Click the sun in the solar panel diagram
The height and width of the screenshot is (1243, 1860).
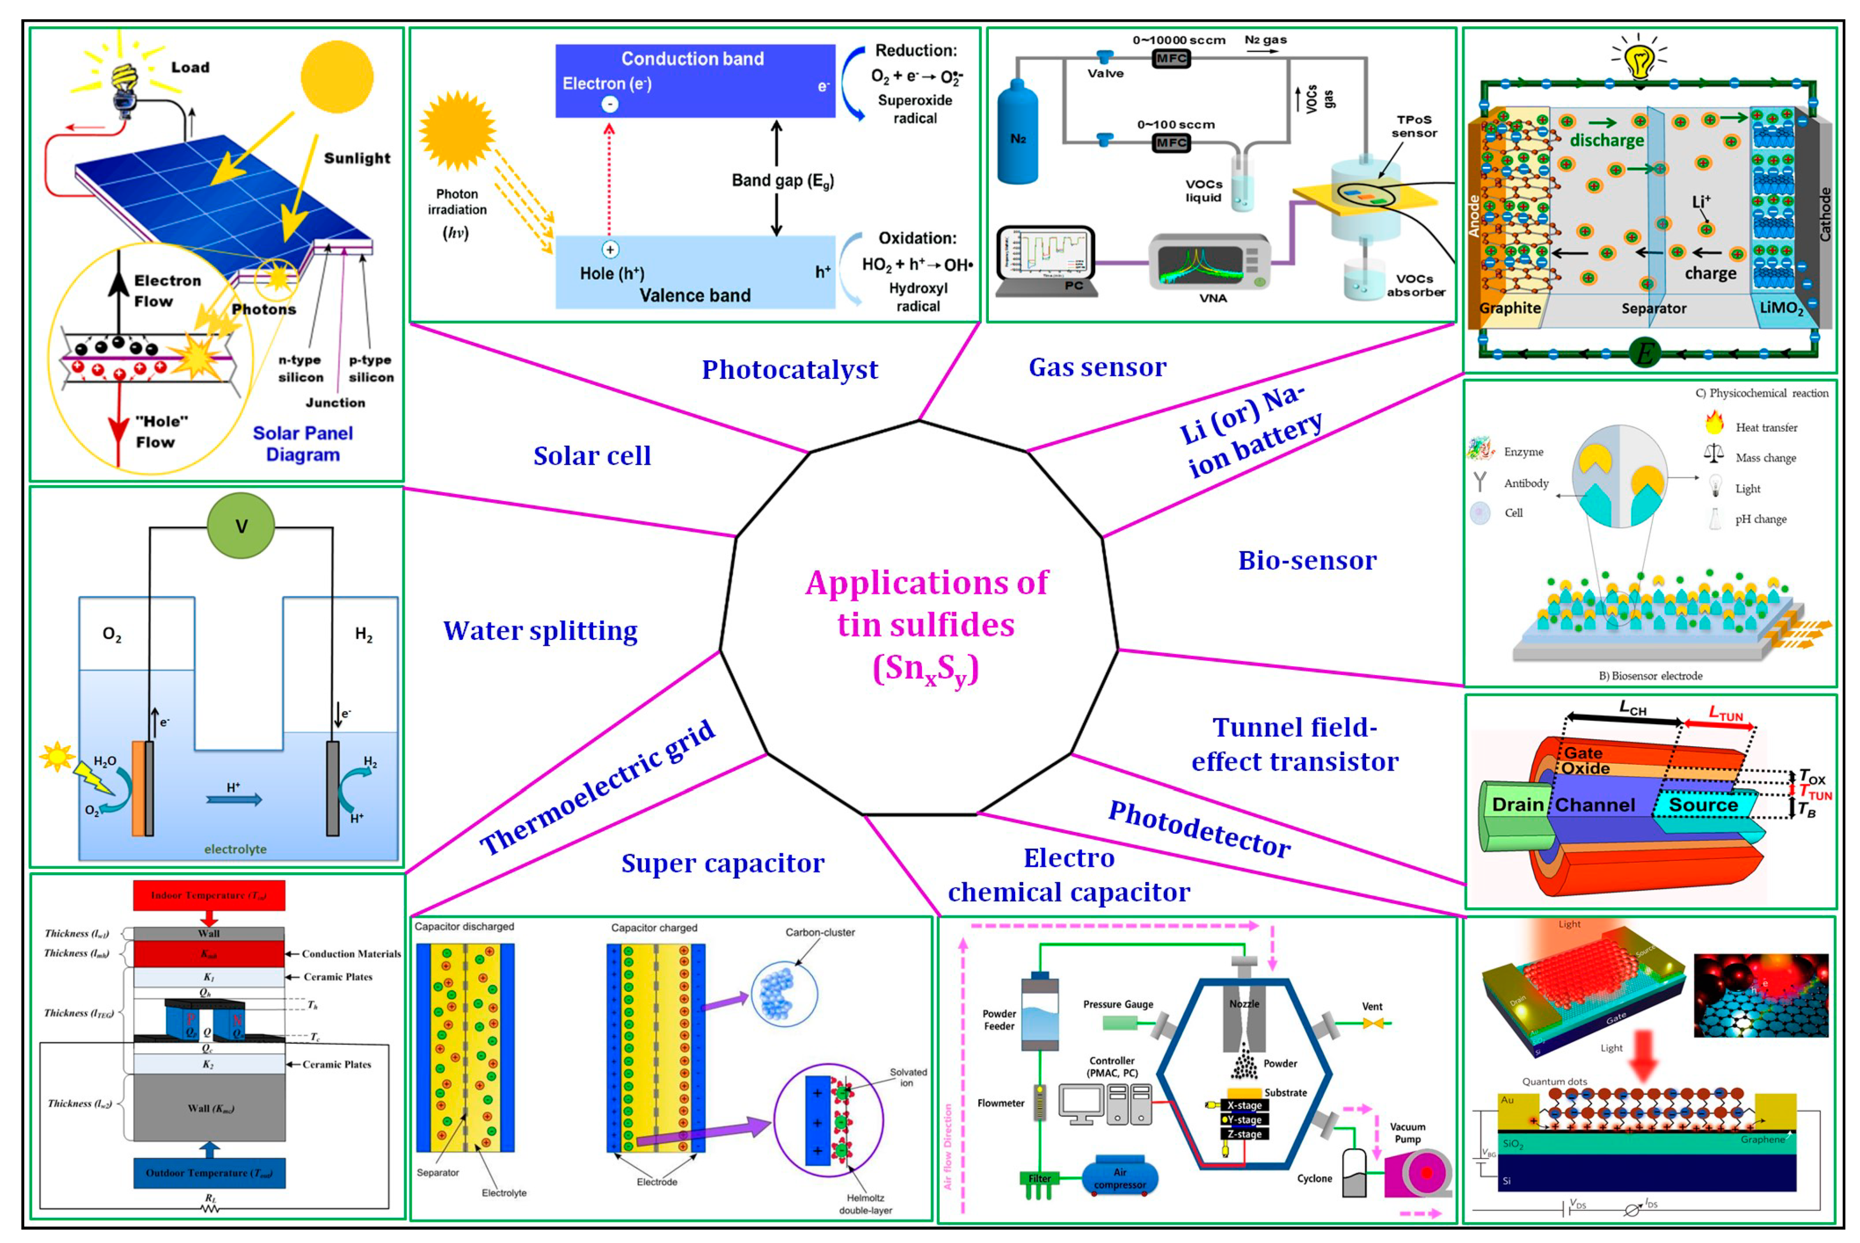[x=337, y=77]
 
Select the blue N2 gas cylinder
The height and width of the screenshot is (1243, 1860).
[x=1017, y=133]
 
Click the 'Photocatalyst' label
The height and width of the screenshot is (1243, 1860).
[x=790, y=370]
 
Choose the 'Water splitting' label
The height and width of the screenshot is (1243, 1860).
[x=540, y=631]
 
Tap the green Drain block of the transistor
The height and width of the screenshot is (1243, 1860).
[x=1515, y=817]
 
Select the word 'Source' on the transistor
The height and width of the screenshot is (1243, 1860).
[x=1703, y=805]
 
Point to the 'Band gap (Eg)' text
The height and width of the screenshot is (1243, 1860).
[x=783, y=181]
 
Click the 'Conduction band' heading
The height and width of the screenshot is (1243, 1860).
[x=692, y=59]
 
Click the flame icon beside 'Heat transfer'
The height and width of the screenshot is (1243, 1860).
[x=1714, y=422]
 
